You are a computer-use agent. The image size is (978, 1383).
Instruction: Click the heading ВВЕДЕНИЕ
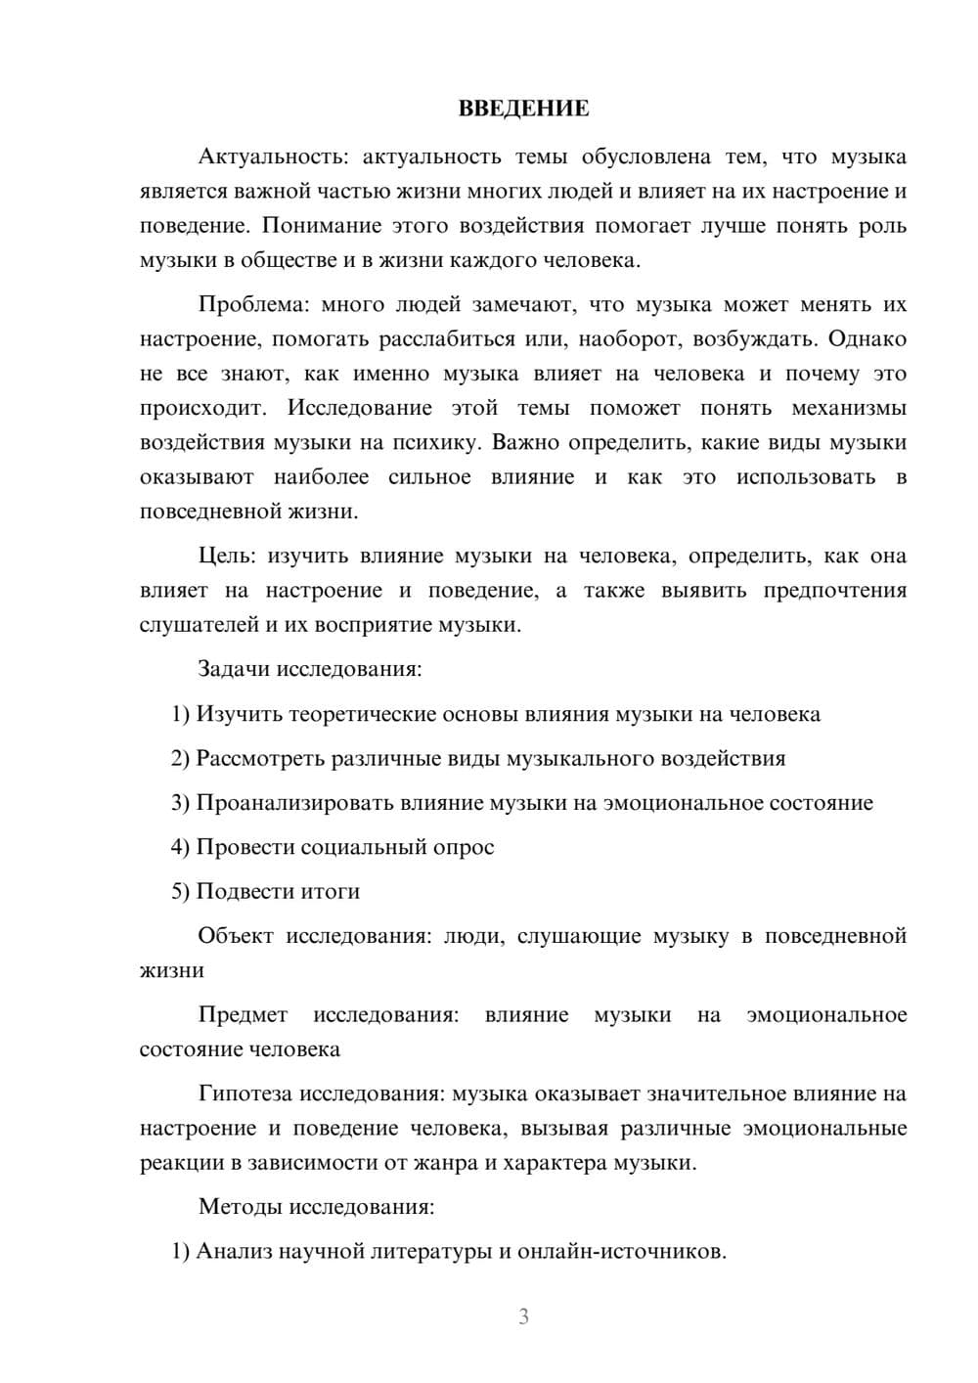[523, 109]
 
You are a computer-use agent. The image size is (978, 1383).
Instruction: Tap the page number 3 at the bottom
[523, 1316]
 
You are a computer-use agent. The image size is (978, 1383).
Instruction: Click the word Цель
[226, 556]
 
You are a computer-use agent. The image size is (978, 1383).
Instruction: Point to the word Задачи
[235, 670]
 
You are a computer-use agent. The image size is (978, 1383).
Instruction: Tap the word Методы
[240, 1206]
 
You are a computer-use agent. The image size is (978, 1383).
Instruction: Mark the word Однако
[867, 338]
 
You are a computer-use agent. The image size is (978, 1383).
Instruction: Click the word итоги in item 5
[329, 891]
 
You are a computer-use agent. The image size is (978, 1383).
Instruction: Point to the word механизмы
[848, 408]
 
